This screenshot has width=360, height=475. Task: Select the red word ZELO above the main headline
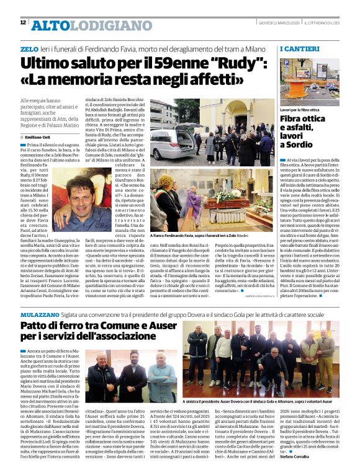click(x=29, y=48)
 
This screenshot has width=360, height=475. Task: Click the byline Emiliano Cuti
click(x=41, y=136)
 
